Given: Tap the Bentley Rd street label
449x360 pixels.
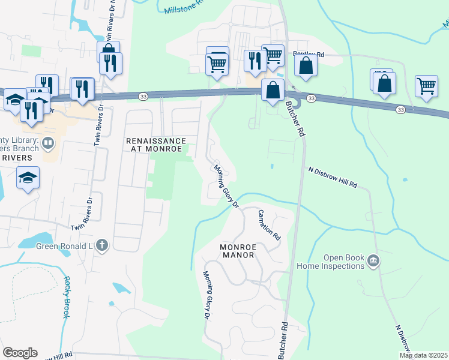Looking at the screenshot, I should [309, 54].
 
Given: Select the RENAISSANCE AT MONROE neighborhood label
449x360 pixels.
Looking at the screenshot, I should [156, 145].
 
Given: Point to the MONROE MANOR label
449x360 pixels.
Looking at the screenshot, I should [238, 251].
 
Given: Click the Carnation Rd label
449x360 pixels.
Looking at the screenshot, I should [270, 224].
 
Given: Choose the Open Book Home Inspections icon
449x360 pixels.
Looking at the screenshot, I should [373, 260].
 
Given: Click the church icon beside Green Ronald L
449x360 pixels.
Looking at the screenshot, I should [102, 244].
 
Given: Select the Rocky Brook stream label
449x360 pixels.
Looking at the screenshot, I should [67, 297].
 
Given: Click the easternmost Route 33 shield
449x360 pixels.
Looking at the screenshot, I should [400, 109].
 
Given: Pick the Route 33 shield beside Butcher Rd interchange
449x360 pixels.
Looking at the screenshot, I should [311, 98].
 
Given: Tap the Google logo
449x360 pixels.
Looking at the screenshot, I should [20, 353].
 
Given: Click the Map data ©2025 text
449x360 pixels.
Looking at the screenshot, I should [423, 355].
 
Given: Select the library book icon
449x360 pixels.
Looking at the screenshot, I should [49, 143].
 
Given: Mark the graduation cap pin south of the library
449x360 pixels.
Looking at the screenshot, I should [28, 178].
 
